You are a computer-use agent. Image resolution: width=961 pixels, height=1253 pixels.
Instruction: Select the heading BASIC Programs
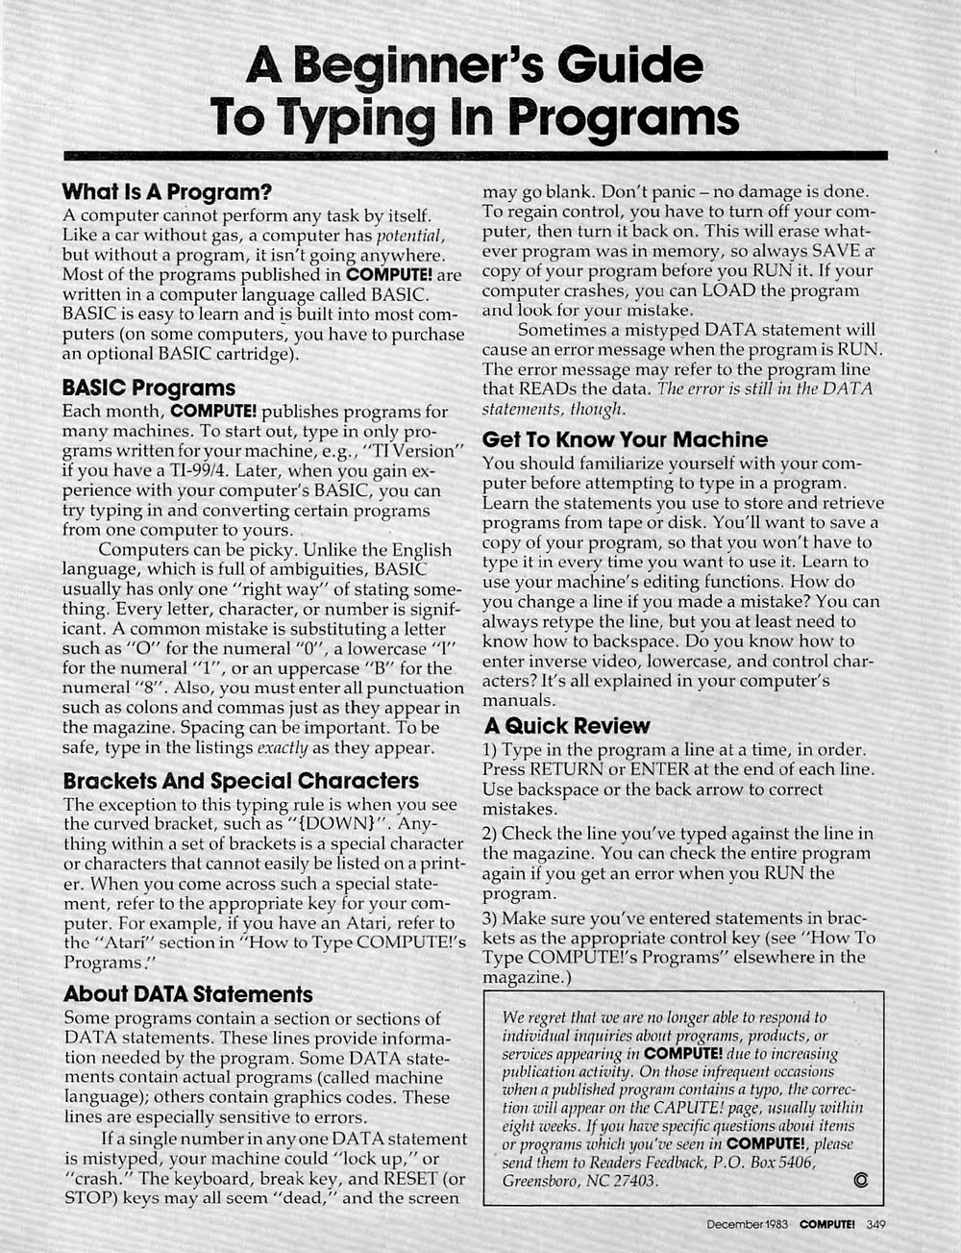tap(148, 388)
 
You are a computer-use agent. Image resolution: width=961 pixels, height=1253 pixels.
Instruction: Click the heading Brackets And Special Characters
tap(240, 779)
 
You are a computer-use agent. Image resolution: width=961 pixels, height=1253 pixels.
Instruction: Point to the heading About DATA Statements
tap(187, 993)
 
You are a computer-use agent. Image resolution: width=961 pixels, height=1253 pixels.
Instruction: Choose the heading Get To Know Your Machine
tap(625, 439)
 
